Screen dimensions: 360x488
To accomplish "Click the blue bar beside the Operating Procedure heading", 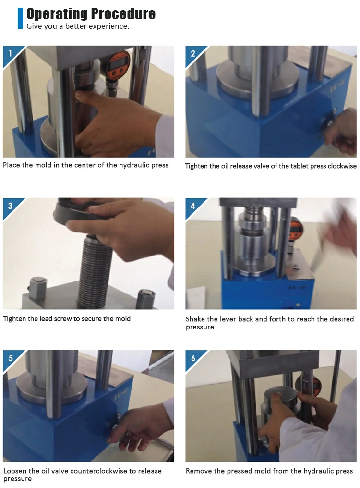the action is tap(20, 18).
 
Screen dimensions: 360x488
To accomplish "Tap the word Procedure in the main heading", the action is tap(123, 14).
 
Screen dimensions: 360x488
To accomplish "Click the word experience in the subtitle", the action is tap(109, 26).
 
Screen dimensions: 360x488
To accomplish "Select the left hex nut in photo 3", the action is tap(38, 287).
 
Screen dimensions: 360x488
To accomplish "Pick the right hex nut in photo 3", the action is tap(146, 298).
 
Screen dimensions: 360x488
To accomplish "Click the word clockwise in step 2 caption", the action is tap(342, 166).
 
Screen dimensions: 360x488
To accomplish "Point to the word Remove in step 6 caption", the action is tap(197, 471).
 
